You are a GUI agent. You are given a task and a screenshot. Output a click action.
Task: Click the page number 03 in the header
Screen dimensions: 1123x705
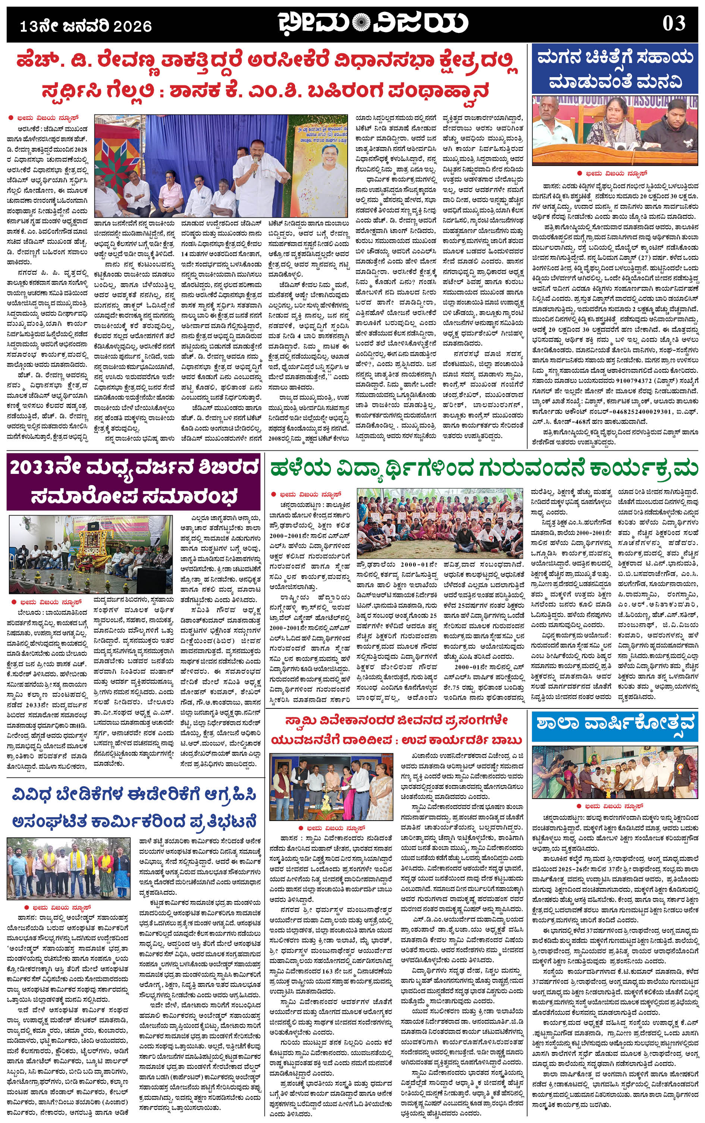point(674,23)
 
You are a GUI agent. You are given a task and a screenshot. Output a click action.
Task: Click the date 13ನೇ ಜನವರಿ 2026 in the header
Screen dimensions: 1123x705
point(86,26)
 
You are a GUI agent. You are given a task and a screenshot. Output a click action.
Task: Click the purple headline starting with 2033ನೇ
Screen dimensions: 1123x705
point(134,482)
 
